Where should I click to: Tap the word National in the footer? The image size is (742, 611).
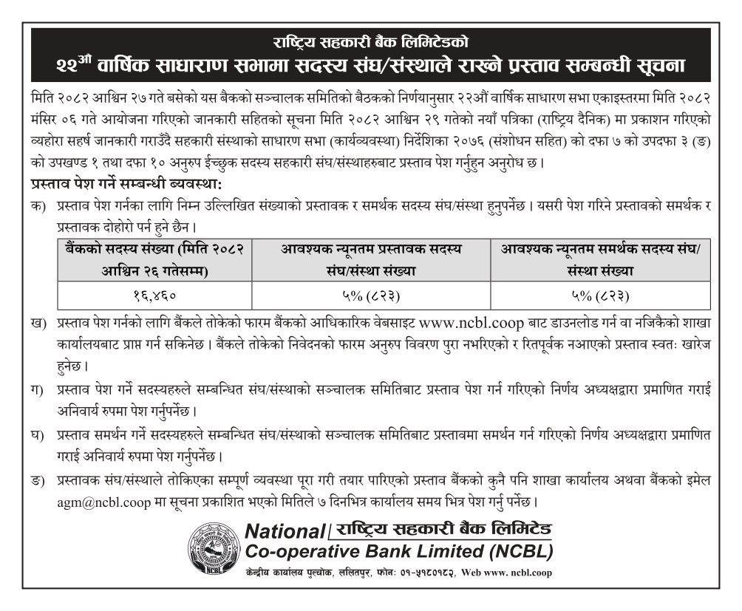pos(285,530)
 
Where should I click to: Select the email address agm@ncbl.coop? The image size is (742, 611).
pos(95,502)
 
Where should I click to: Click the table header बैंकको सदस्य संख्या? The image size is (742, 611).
pos(154,260)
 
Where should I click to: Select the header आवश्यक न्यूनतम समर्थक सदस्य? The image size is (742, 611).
pos(600,260)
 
